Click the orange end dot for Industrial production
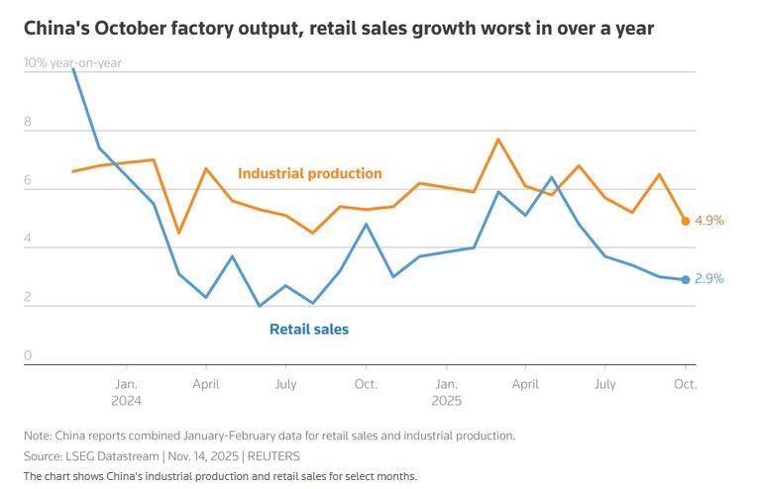point(685,221)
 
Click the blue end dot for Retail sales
point(685,279)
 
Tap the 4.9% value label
point(709,221)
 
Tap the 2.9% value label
point(709,279)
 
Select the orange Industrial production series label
point(309,173)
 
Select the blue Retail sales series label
point(308,329)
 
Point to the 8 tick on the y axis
point(28,124)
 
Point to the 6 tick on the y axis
point(28,182)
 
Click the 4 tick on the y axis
point(28,240)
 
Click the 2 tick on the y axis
point(28,297)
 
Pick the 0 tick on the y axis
point(28,355)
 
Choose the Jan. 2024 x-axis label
point(126,391)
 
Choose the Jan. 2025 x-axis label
point(446,391)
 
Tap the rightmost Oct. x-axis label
point(685,383)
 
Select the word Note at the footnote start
point(38,436)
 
